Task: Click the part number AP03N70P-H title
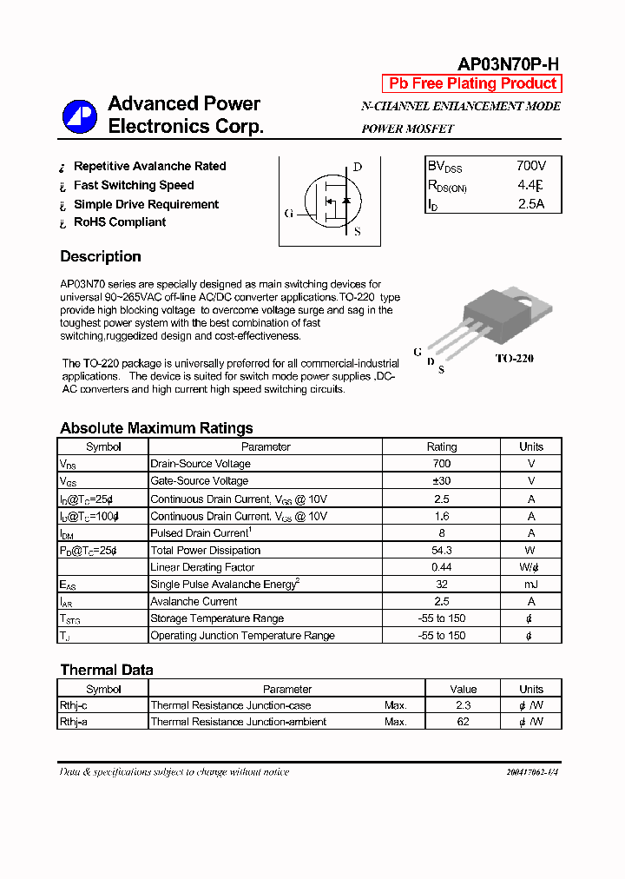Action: pyautogui.click(x=509, y=65)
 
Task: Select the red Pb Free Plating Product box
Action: pyautogui.click(x=472, y=83)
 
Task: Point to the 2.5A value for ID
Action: pyautogui.click(x=530, y=204)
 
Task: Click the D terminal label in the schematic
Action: pyautogui.click(x=357, y=168)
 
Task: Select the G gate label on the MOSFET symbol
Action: pyautogui.click(x=289, y=213)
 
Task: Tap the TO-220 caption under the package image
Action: pyautogui.click(x=514, y=358)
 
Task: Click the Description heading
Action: pyautogui.click(x=101, y=256)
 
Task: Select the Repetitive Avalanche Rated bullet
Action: pyautogui.click(x=149, y=166)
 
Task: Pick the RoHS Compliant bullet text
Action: pyautogui.click(x=120, y=222)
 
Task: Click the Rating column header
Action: pyautogui.click(x=441, y=446)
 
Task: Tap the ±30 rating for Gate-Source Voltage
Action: pyautogui.click(x=441, y=481)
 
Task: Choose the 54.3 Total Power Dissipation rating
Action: pyautogui.click(x=441, y=550)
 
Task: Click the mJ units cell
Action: pyautogui.click(x=530, y=585)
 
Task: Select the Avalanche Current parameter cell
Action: pyautogui.click(x=194, y=601)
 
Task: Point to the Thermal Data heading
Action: pyautogui.click(x=107, y=670)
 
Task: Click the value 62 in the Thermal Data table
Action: pyautogui.click(x=463, y=722)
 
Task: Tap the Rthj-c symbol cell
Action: pyautogui.click(x=75, y=705)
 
